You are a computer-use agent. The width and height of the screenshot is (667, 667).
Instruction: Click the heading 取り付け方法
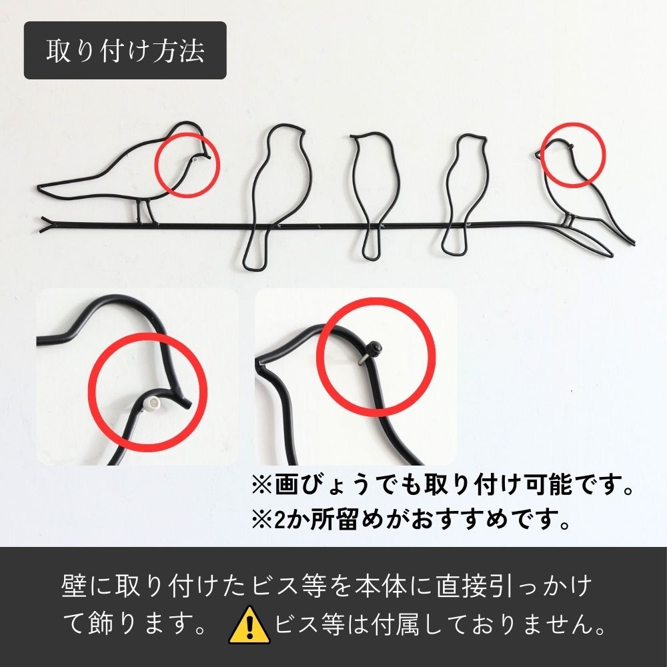(x=125, y=51)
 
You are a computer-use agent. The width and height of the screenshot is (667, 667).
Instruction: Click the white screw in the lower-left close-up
(x=153, y=403)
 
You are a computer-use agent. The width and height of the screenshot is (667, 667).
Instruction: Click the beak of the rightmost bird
(x=538, y=155)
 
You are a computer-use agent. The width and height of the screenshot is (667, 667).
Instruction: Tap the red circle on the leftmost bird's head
(x=187, y=164)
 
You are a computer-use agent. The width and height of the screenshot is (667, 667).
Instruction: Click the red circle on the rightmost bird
(x=572, y=154)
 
